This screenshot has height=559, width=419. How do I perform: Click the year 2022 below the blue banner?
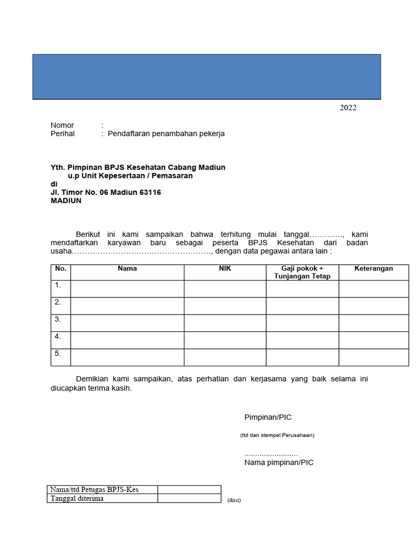[x=348, y=108]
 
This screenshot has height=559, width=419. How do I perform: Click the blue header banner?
[x=206, y=76]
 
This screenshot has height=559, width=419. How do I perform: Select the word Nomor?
[x=62, y=125]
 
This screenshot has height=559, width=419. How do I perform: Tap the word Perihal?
[x=63, y=134]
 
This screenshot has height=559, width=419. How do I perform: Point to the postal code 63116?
[x=150, y=192]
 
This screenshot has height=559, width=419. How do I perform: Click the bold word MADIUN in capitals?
[x=66, y=201]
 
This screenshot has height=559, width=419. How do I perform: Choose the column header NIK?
[x=225, y=269]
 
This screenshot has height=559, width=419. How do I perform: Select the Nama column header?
[x=127, y=269]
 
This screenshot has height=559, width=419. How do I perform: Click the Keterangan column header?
[x=373, y=269]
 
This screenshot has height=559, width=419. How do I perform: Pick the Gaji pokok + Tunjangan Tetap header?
[x=302, y=272]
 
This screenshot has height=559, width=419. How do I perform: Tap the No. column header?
[x=61, y=269]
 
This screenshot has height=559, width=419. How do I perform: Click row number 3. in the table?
[x=58, y=319]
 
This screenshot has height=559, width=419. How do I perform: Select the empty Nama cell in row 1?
[x=127, y=289]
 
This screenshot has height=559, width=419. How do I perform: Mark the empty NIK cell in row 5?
[x=225, y=357]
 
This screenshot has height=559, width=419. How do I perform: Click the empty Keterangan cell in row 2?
[x=373, y=306]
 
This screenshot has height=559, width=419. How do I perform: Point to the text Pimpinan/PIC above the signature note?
[x=268, y=418]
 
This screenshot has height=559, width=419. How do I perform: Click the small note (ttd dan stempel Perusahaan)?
[x=277, y=435]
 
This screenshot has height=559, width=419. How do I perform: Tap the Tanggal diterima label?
[x=77, y=498]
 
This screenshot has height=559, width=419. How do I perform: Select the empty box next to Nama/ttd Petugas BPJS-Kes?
[x=189, y=490]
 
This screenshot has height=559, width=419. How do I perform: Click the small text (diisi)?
[x=234, y=500]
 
